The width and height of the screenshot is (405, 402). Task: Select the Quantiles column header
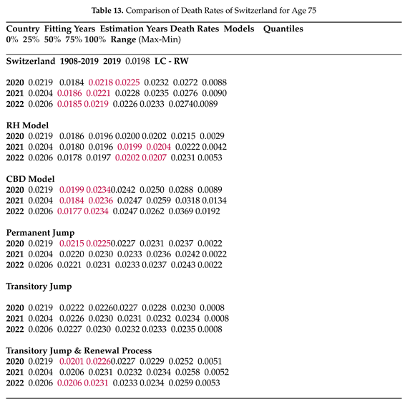(283, 29)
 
